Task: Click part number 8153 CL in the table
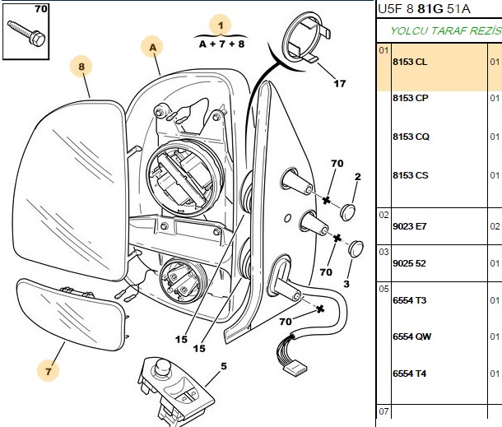tap(410, 62)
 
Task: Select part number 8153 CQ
tap(411, 137)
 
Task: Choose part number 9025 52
tap(409, 263)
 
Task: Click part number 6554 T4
tap(410, 374)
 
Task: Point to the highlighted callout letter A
tap(153, 48)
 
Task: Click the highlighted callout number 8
tap(81, 67)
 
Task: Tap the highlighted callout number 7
tap(48, 371)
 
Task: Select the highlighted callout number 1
tap(221, 26)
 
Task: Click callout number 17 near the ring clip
tap(340, 84)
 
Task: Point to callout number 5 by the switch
tap(224, 366)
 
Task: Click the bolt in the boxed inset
tap(26, 33)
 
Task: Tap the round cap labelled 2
tap(347, 211)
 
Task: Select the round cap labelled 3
tap(356, 249)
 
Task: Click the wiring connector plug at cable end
tap(295, 367)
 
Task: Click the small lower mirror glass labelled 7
tap(70, 314)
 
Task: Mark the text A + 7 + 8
tap(221, 44)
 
